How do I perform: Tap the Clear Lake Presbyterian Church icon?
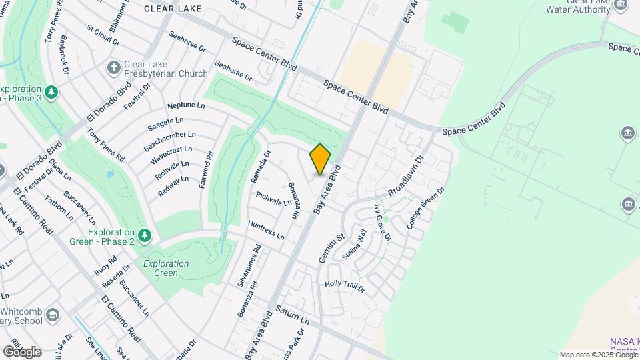click(114, 67)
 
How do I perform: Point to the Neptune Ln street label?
click(186, 105)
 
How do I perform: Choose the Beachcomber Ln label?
click(169, 139)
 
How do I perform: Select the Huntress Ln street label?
click(265, 231)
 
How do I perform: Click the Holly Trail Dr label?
click(345, 286)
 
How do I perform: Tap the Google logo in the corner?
click(22, 351)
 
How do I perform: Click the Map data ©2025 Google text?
click(598, 355)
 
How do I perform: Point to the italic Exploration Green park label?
click(166, 268)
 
